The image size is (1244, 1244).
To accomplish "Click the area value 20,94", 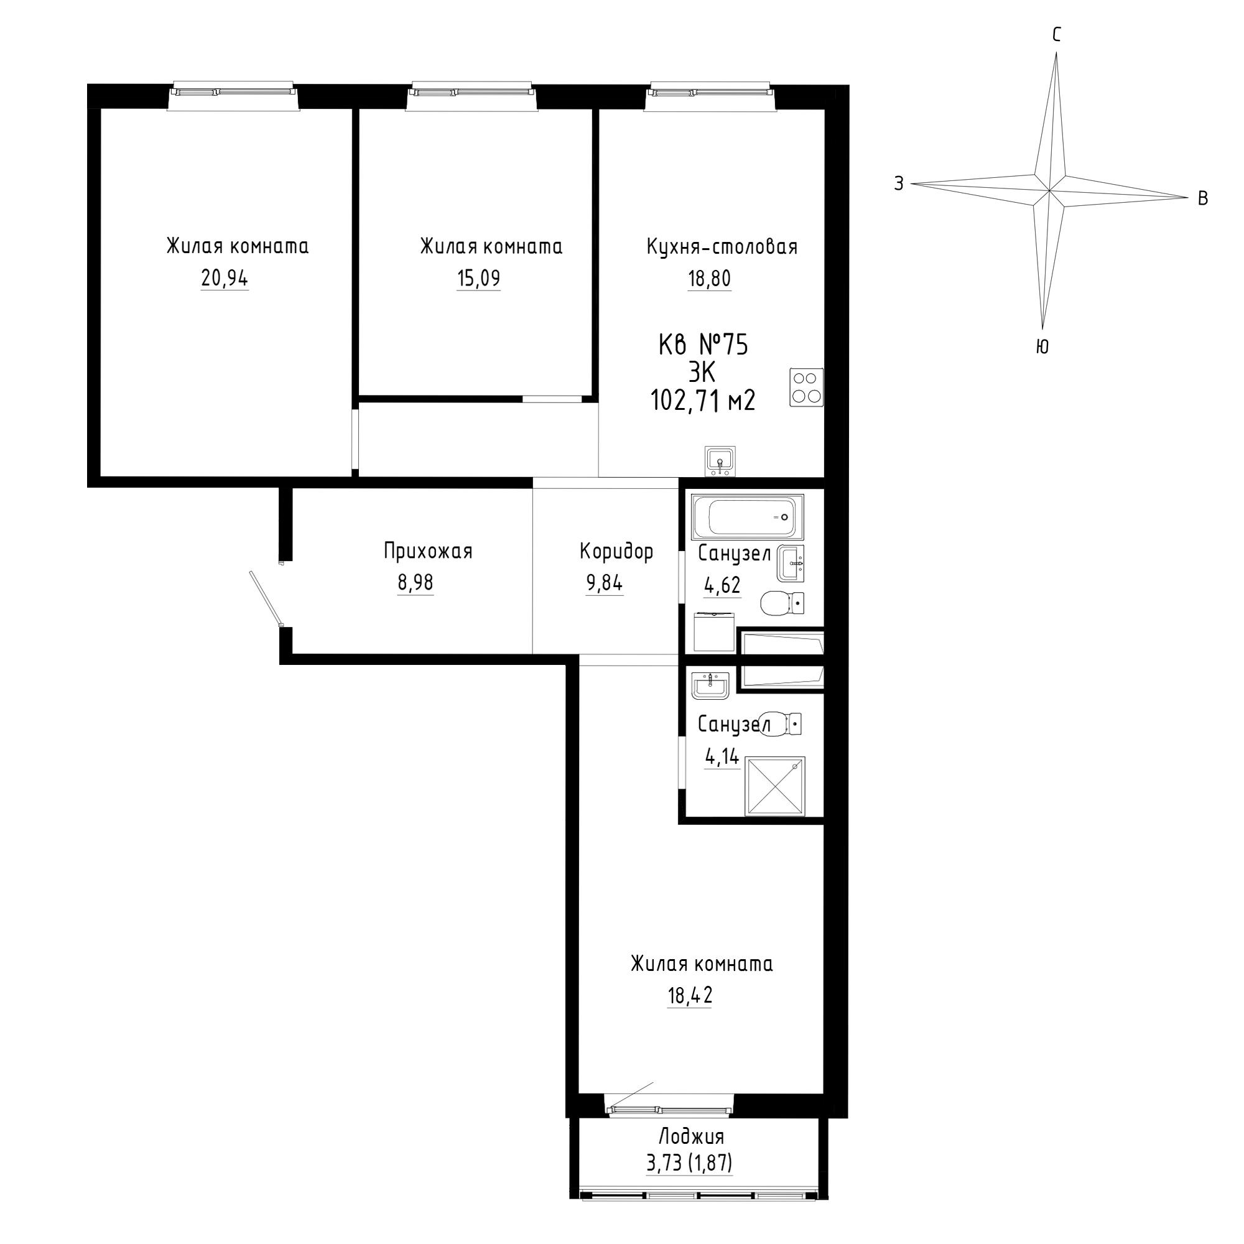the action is click(224, 279).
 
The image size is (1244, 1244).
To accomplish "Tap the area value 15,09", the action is click(478, 279).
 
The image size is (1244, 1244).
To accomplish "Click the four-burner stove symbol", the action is click(807, 387).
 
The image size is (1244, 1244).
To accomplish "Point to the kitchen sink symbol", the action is click(720, 461).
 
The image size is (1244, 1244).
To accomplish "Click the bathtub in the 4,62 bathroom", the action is click(748, 517).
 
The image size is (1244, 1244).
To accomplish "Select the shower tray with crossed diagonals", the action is click(775, 787).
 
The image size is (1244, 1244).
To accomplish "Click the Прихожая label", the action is click(428, 551).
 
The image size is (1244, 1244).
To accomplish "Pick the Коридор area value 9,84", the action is click(604, 583).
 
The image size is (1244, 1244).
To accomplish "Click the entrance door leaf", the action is click(266, 599).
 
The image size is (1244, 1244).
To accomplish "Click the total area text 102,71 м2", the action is click(703, 401).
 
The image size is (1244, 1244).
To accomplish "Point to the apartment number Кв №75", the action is click(703, 345).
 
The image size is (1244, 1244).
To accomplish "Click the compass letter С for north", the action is click(1057, 35).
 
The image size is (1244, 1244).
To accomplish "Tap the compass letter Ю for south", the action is click(1043, 347).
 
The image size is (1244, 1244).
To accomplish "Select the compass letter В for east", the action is click(1202, 199).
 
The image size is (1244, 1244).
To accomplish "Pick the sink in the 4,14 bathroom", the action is click(710, 685).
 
